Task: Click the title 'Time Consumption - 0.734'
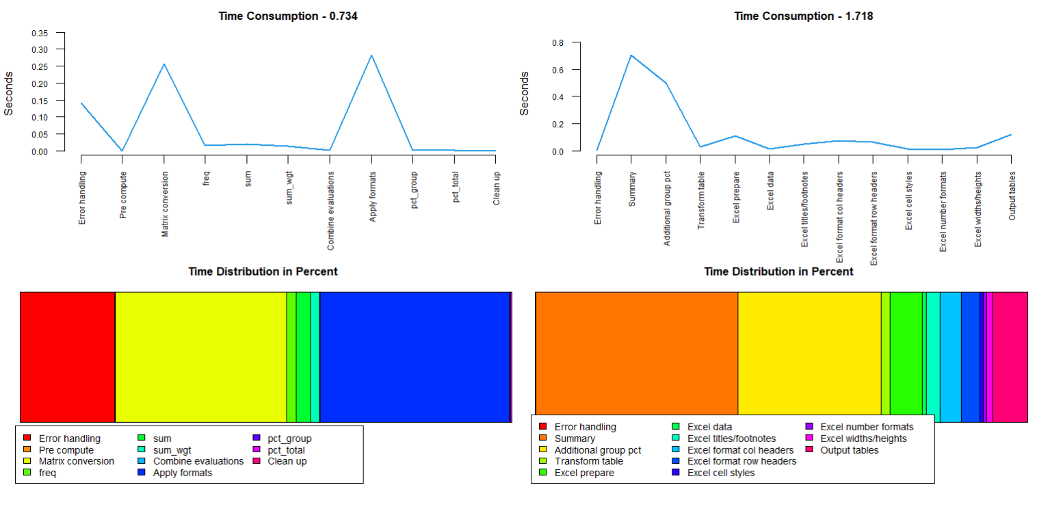[288, 16]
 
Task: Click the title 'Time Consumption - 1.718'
[804, 16]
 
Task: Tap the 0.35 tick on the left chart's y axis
[40, 33]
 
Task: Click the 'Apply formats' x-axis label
[372, 196]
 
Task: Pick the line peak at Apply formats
[372, 55]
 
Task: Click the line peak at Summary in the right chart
[631, 55]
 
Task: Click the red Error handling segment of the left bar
[68, 357]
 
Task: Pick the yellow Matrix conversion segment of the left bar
[200, 357]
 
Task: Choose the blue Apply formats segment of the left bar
[415, 357]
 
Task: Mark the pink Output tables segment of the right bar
[1010, 357]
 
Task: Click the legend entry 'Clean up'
[287, 461]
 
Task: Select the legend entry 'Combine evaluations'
[198, 461]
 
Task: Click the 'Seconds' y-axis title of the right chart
[525, 94]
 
